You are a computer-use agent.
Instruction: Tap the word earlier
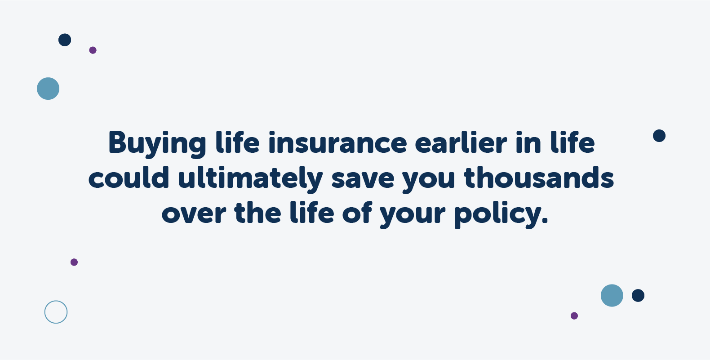[x=461, y=143]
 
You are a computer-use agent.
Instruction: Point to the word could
[x=129, y=178]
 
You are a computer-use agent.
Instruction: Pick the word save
[x=363, y=179]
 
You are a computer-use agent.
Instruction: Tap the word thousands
[x=539, y=178]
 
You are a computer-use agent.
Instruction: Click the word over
[x=193, y=213]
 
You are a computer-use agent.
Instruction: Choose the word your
[x=413, y=215]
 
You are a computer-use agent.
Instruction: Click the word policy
[x=497, y=214]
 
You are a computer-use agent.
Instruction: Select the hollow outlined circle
[x=56, y=312]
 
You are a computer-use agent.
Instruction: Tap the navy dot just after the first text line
[x=659, y=136]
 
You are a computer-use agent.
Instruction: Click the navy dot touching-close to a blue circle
[x=638, y=296]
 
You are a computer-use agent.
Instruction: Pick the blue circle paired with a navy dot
[x=612, y=296]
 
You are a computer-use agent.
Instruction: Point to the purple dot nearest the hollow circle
[x=74, y=262]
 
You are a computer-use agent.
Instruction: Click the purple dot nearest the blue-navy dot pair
[x=574, y=316]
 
